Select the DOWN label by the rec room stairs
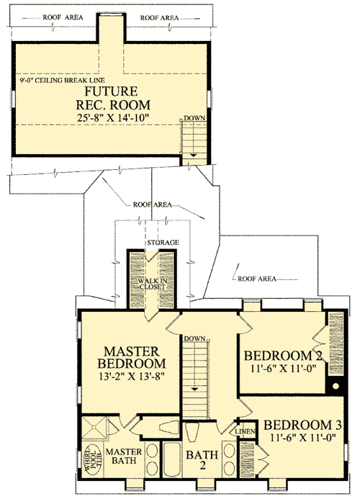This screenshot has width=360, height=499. [192, 117]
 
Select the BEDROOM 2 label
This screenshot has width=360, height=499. [281, 355]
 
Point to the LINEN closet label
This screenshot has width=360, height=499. [243, 430]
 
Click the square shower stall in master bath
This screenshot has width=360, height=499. [94, 430]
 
